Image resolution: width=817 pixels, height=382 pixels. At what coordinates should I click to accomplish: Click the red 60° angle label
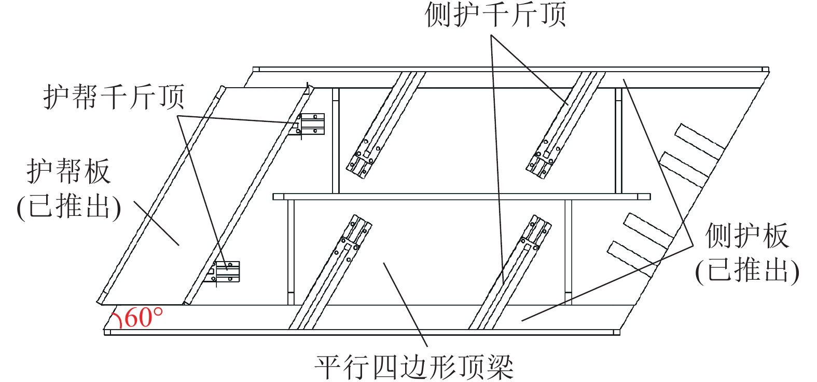click(143, 317)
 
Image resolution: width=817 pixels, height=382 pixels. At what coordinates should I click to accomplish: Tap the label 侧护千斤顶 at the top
click(495, 15)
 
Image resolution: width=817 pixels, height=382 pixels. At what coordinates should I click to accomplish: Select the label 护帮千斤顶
click(114, 97)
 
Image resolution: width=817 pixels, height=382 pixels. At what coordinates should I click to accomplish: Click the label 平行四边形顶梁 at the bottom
click(414, 367)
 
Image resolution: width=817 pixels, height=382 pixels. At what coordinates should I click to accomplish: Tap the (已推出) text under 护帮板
click(69, 207)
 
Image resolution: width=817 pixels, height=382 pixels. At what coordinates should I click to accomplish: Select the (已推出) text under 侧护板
click(747, 270)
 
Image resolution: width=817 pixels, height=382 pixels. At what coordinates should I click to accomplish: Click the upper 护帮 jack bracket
click(309, 125)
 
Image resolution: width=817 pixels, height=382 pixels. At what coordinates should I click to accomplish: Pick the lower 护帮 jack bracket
click(224, 272)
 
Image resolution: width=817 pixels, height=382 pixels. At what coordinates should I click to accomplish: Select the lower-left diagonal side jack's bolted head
click(352, 235)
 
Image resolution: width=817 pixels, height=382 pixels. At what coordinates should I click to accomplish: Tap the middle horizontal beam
click(461, 197)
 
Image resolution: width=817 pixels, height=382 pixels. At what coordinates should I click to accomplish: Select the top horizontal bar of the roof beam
click(510, 70)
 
